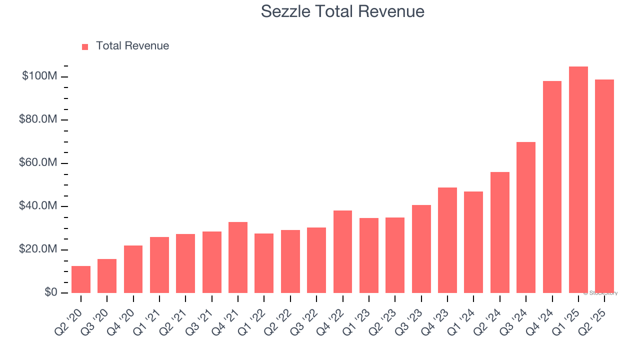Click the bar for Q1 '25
pyautogui.click(x=578, y=180)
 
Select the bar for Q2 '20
pyautogui.click(x=81, y=279)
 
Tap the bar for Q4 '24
pyautogui.click(x=552, y=187)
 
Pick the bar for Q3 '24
pyautogui.click(x=526, y=217)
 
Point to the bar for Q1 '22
pyautogui.click(x=264, y=263)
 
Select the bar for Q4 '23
pyautogui.click(x=447, y=240)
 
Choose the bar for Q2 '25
pyautogui.click(x=604, y=186)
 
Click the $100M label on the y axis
pyautogui.click(x=39, y=76)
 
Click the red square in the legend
pyautogui.click(x=85, y=46)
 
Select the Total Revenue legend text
pyautogui.click(x=132, y=46)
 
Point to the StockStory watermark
pyautogui.click(x=600, y=293)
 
